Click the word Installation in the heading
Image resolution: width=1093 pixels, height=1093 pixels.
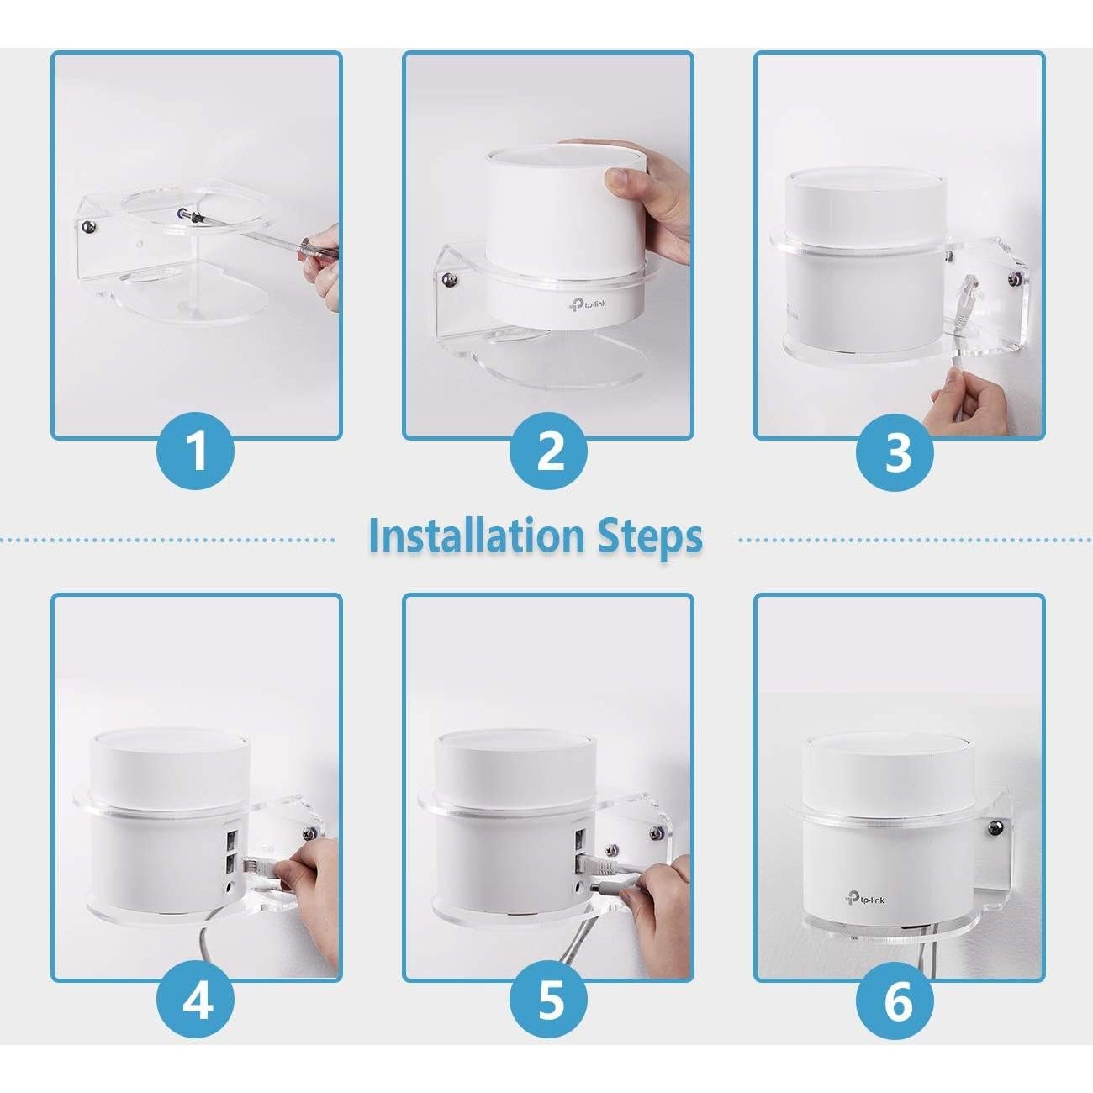[476, 536]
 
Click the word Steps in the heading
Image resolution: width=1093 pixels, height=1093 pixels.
[650, 536]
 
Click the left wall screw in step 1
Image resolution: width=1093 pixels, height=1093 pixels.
[87, 224]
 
